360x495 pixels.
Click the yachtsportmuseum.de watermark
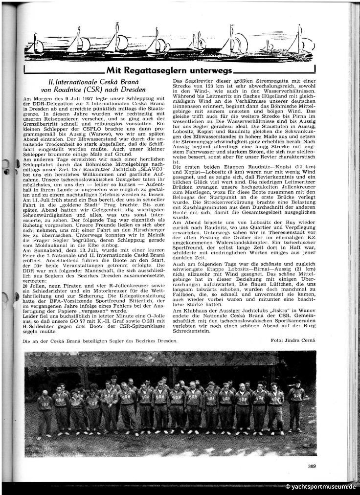click(320, 487)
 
